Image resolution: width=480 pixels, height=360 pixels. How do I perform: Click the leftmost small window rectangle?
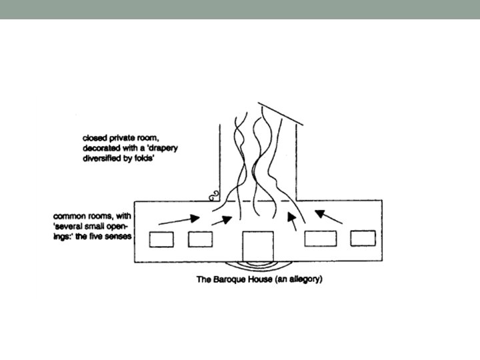(161, 239)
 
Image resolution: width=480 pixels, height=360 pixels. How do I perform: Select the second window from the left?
(200, 239)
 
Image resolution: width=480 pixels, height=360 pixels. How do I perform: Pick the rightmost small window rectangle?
(363, 238)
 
